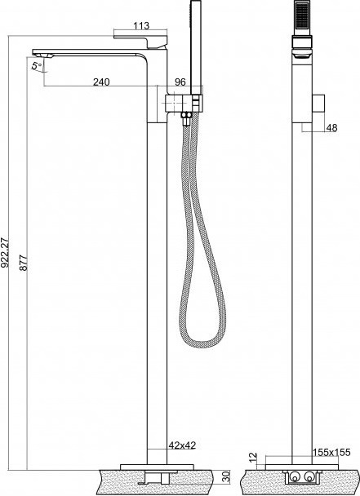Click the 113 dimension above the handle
[141, 25]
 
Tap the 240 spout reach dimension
[101, 82]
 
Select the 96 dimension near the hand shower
[180, 82]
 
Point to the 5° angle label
[37, 66]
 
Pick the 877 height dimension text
[24, 262]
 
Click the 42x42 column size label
[182, 445]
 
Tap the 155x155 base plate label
[331, 452]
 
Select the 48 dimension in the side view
[331, 128]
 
